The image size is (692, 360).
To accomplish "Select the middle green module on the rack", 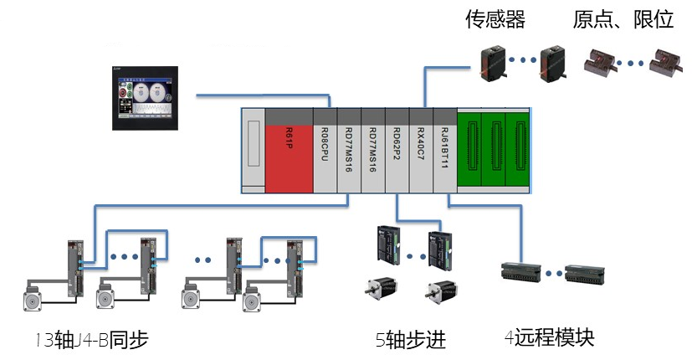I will (x=495, y=151).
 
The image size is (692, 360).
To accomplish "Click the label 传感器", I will (x=495, y=19).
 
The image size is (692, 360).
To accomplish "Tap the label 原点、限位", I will (x=623, y=19).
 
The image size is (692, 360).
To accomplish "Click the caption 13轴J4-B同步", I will (x=92, y=340).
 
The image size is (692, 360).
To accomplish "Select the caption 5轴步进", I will (x=410, y=340).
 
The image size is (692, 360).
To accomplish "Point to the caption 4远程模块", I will (x=549, y=338).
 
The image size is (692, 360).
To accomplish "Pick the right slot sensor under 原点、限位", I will (x=660, y=62).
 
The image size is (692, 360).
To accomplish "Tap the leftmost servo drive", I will (x=77, y=266).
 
